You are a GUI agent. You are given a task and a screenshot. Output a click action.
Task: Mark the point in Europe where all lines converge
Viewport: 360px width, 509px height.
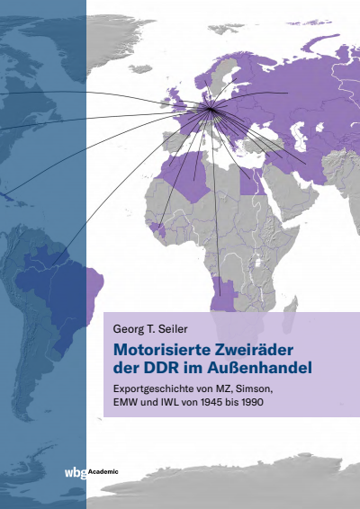tap(211, 110)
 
